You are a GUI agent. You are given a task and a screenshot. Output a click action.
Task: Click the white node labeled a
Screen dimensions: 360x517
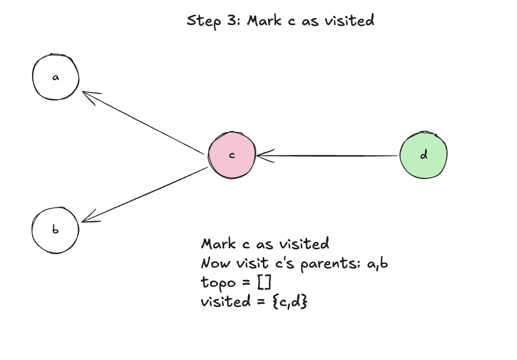point(56,77)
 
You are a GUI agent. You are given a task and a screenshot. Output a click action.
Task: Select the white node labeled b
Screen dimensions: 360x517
point(56,230)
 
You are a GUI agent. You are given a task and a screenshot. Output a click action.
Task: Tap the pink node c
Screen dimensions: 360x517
point(232,155)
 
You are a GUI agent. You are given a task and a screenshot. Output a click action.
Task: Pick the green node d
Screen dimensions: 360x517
point(424,155)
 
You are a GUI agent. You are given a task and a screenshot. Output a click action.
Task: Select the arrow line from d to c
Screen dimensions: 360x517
point(331,156)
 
